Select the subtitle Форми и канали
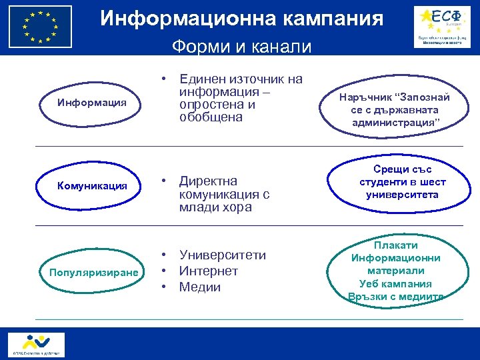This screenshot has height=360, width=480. (x=241, y=47)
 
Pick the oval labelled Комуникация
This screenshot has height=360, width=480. (x=92, y=185)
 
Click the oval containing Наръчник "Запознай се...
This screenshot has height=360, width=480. (x=394, y=109)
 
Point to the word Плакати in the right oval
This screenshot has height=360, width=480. (x=397, y=245)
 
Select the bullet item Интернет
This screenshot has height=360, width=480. (x=208, y=271)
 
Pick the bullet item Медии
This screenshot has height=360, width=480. (x=199, y=287)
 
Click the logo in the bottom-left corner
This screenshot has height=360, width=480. (x=37, y=344)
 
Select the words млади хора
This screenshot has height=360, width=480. (x=215, y=207)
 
